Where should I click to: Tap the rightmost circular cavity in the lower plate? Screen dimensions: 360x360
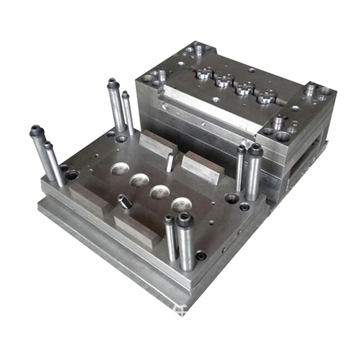click(x=181, y=205)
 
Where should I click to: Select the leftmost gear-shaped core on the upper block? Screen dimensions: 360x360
click(x=204, y=73)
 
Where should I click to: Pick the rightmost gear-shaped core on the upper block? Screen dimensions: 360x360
click(x=266, y=97)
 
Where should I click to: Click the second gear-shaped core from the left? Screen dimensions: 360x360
click(x=224, y=81)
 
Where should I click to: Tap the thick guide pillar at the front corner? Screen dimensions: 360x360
click(x=186, y=242)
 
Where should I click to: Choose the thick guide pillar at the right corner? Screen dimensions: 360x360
click(x=253, y=173)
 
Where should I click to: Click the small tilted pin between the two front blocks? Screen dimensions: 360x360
click(x=125, y=202)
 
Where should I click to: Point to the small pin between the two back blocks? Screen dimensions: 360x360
click(x=170, y=162)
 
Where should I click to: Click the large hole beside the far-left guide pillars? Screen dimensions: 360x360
click(x=72, y=175)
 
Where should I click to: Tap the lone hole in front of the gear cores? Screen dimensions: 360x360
click(x=216, y=100)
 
